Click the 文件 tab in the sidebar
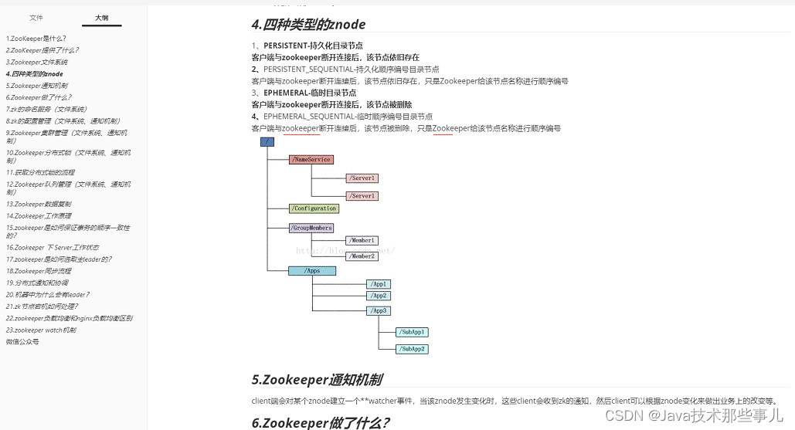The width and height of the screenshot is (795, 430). [x=36, y=17]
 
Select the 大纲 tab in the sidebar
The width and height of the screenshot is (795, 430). [x=101, y=17]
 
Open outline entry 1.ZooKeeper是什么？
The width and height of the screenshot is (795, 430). [x=36, y=38]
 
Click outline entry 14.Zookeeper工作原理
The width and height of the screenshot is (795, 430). [x=39, y=216]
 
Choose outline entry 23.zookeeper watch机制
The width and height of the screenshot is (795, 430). [x=41, y=330]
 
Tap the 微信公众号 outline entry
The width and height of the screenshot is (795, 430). [x=22, y=341]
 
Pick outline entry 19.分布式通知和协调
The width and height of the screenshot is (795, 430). [x=37, y=283]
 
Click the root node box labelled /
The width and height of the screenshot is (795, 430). [x=267, y=142]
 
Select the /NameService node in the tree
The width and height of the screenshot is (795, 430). [x=311, y=160]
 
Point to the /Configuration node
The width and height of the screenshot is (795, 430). [x=314, y=208]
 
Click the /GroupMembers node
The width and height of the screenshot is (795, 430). [x=311, y=229]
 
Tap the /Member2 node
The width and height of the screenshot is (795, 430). [x=362, y=256]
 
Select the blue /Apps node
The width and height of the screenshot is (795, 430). [x=312, y=271]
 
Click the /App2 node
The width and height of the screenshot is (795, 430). [x=378, y=296]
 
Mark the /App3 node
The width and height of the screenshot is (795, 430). [x=378, y=311]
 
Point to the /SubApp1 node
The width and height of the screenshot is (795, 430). [x=412, y=332]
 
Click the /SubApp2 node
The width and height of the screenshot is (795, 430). [x=412, y=349]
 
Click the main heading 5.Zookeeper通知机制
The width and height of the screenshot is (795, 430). [x=316, y=380]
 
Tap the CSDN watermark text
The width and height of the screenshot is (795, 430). [x=694, y=416]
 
